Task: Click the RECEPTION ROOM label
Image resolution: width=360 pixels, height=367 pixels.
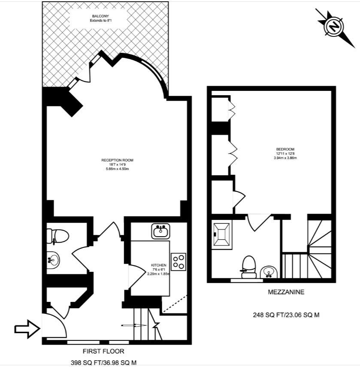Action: point(118,160)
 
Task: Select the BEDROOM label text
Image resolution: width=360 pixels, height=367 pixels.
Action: point(285,149)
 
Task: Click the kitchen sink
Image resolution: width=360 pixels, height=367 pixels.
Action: point(161,231)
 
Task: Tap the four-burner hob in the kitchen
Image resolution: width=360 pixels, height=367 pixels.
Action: point(179,262)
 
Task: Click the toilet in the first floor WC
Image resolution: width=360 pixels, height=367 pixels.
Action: point(58,235)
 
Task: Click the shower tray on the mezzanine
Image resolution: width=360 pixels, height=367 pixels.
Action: point(222,235)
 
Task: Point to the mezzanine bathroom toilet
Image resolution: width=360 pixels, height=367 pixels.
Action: point(248,266)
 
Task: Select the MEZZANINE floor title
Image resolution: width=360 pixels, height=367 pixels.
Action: point(286,292)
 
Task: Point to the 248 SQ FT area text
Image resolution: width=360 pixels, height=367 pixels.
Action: point(286,315)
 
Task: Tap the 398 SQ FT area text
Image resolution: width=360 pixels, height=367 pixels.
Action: point(103,363)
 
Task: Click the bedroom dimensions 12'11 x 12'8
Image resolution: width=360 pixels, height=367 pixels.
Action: point(285,153)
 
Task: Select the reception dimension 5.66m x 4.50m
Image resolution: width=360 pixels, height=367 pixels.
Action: point(118,168)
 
